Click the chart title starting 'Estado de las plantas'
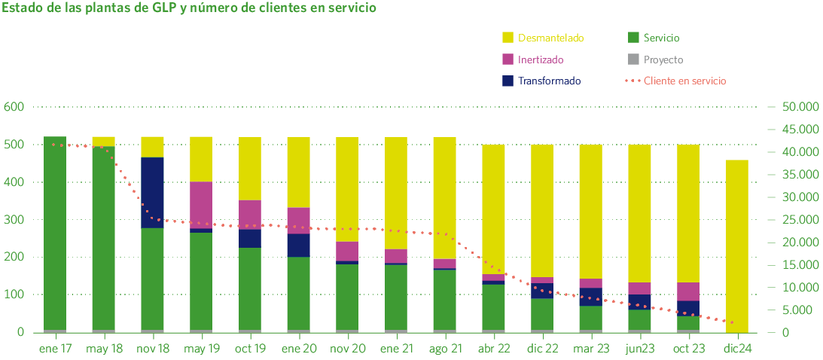(189, 9)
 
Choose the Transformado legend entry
(549, 81)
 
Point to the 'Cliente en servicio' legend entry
(684, 81)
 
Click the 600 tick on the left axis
(14, 107)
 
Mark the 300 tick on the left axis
(14, 220)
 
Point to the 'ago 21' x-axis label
(444, 349)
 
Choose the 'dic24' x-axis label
(737, 349)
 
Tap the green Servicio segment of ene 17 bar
(55, 233)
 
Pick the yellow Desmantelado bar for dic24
(737, 245)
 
